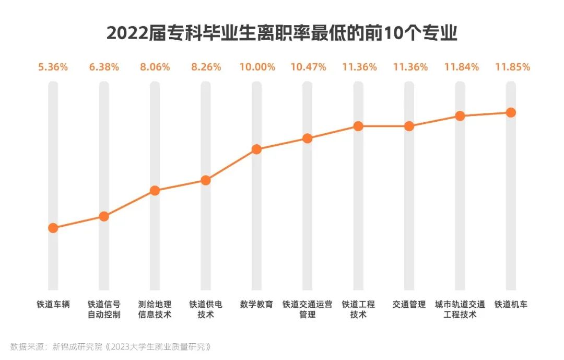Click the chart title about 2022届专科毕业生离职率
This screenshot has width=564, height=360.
coord(282,33)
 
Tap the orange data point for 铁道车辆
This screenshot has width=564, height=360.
coord(53,228)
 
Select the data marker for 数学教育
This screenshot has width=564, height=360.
coord(256,149)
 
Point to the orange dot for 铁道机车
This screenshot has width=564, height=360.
coord(511,112)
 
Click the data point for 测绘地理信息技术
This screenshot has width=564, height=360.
coord(155,190)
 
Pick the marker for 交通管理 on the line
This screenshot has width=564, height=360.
coord(409,126)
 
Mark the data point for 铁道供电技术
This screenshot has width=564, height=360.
coord(206,180)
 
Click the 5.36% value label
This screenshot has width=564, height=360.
coord(53,67)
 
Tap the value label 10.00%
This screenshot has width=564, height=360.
coord(256,67)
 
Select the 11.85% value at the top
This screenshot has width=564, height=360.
coord(511,67)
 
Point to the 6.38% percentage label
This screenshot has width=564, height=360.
coord(104,67)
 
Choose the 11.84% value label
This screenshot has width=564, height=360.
coord(461,67)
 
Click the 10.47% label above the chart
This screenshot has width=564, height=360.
coord(308,67)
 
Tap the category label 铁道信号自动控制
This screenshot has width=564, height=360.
coord(104,309)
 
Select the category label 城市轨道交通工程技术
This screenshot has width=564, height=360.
coord(461,309)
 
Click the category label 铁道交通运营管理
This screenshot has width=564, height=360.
coord(308,309)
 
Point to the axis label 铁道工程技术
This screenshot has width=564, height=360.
coord(358,309)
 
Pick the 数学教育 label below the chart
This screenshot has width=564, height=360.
coord(256,304)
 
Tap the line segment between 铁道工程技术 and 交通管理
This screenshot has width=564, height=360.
coord(384,126)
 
